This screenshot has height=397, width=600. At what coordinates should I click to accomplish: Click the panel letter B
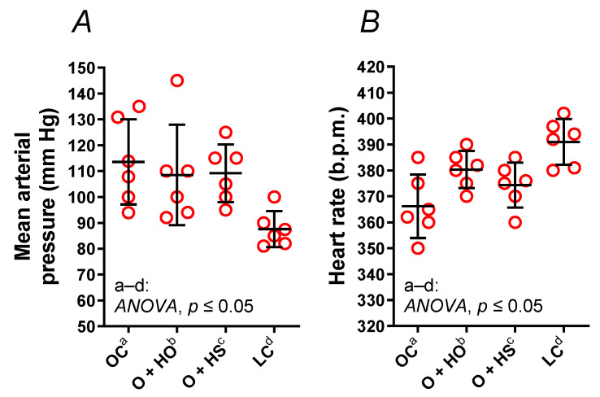pyautogui.click(x=371, y=24)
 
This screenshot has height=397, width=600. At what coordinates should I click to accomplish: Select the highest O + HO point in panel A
pyautogui.click(x=177, y=81)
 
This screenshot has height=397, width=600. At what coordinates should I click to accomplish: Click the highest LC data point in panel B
pyautogui.click(x=564, y=114)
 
